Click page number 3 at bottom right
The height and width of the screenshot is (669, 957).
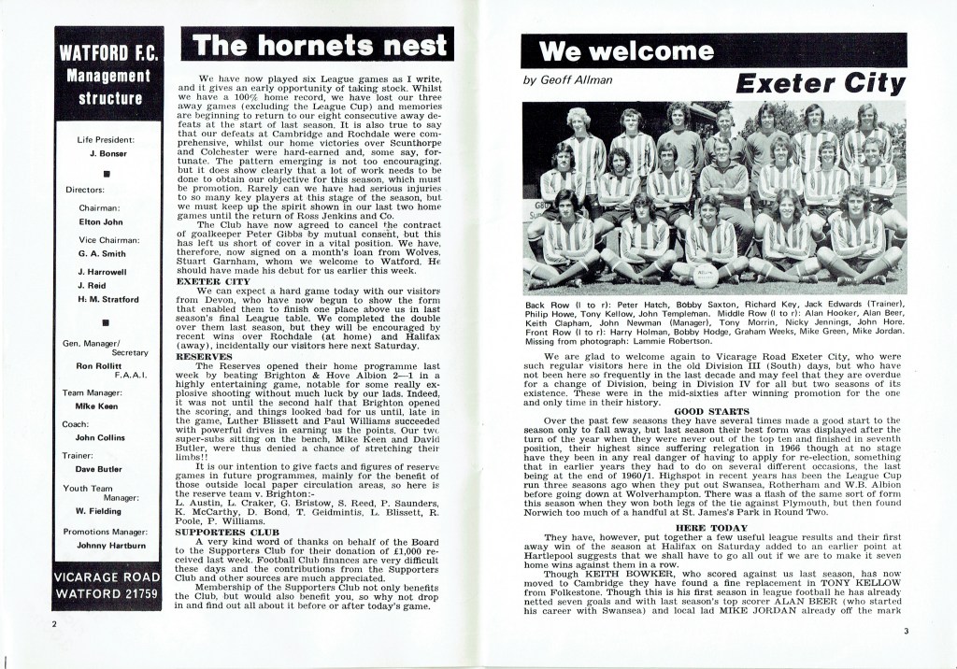click(905, 631)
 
